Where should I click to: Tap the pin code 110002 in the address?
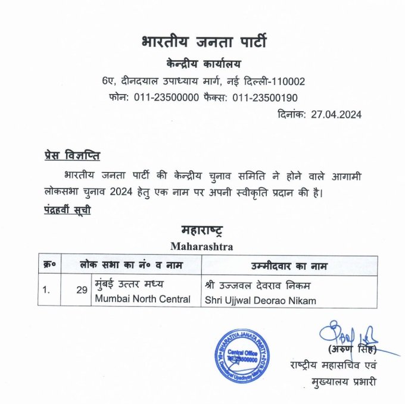click(288, 81)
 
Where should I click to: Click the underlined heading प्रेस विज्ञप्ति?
click(72, 156)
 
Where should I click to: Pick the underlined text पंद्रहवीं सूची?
click(67, 209)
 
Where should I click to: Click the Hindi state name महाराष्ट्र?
click(203, 230)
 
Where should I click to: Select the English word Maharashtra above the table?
click(202, 245)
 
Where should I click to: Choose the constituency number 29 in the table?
click(82, 291)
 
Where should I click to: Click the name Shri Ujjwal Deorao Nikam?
click(260, 300)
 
